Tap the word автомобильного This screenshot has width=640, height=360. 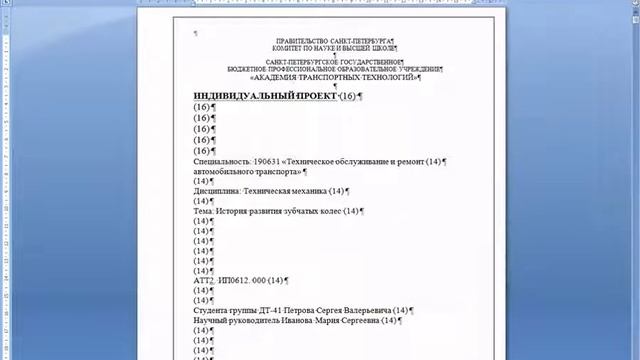[x=226, y=171]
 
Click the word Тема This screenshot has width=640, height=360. [x=204, y=211]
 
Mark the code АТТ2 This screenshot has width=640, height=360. [x=204, y=281]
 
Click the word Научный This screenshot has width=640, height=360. [x=211, y=321]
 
